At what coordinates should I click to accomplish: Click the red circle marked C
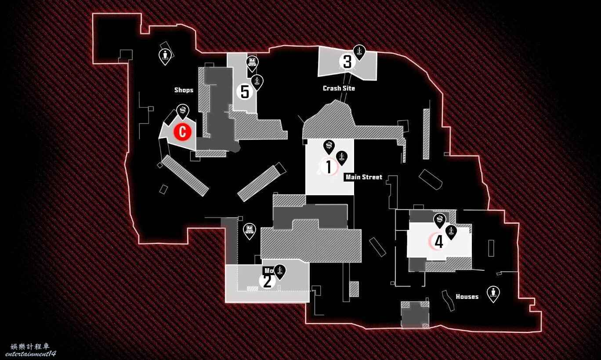(x=182, y=131)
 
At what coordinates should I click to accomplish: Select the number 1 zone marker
(x=328, y=167)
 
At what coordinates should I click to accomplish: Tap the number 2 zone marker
(x=267, y=281)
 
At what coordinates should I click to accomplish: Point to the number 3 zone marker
(x=347, y=62)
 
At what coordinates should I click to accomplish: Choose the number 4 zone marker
(x=438, y=241)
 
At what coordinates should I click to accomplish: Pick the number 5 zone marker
(x=245, y=92)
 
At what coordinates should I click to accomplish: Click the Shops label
(x=184, y=90)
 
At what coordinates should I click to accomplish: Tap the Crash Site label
(x=339, y=88)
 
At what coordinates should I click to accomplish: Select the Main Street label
(x=364, y=177)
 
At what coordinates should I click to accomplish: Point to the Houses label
(x=467, y=297)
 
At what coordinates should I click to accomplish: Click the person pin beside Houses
(x=493, y=293)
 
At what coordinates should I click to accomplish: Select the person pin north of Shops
(x=165, y=56)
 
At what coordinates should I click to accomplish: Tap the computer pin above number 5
(x=252, y=63)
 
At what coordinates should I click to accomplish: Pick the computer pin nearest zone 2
(x=250, y=230)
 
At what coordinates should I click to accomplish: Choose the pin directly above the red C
(x=182, y=111)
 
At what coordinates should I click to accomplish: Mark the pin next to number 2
(x=279, y=271)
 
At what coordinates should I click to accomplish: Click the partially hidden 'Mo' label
(x=268, y=271)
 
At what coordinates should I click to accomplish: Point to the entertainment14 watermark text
(x=31, y=354)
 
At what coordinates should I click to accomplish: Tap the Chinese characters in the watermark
(x=30, y=346)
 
